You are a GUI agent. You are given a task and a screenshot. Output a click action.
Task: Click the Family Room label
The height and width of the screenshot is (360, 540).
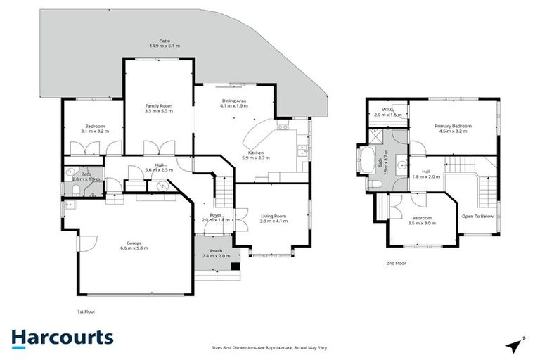(158, 108)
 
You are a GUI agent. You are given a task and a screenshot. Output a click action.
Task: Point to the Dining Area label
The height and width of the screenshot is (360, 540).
(234, 103)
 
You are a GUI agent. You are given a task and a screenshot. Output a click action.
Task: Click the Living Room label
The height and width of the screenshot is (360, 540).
(274, 218)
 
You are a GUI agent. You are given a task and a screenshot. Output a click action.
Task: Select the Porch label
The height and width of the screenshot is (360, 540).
(216, 253)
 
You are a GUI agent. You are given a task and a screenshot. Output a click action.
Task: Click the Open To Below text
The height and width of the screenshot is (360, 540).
(476, 217)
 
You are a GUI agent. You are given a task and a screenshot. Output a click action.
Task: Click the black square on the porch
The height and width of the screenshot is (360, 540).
(236, 266)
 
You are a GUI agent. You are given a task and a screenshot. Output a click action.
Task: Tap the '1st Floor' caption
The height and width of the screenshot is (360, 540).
(86, 310)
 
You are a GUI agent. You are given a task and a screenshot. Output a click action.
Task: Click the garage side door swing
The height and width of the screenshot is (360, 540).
(87, 243)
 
